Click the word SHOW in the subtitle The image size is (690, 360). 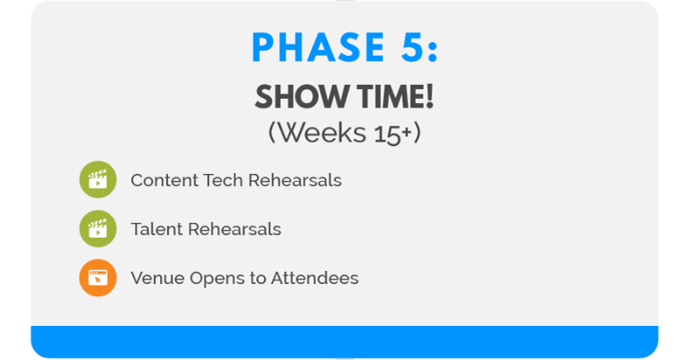point(295,98)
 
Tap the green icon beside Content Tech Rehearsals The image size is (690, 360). point(98,180)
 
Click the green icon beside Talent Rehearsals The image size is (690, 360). point(98,229)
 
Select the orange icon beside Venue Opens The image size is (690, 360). point(98,278)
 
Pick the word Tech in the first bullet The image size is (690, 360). point(224,181)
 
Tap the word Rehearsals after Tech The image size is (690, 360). point(295,181)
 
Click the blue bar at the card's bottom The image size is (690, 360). point(344,341)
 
